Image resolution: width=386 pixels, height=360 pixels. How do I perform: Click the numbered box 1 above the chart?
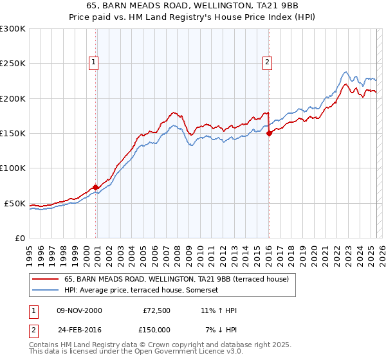(94, 62)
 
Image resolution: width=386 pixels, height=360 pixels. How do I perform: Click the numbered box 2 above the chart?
(266, 62)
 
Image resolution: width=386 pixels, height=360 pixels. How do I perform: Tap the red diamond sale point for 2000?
(96, 188)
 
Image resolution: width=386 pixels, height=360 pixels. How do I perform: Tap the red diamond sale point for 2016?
(269, 133)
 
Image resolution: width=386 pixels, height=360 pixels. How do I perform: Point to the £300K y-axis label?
(13, 29)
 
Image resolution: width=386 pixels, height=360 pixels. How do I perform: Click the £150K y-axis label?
(13, 134)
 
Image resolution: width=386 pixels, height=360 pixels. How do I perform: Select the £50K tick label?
(15, 203)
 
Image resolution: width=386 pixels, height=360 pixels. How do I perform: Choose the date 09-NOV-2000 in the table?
(78, 310)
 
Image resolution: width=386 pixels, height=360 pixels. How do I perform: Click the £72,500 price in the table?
(156, 310)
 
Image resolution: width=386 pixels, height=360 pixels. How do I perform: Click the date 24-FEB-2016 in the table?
(78, 329)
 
